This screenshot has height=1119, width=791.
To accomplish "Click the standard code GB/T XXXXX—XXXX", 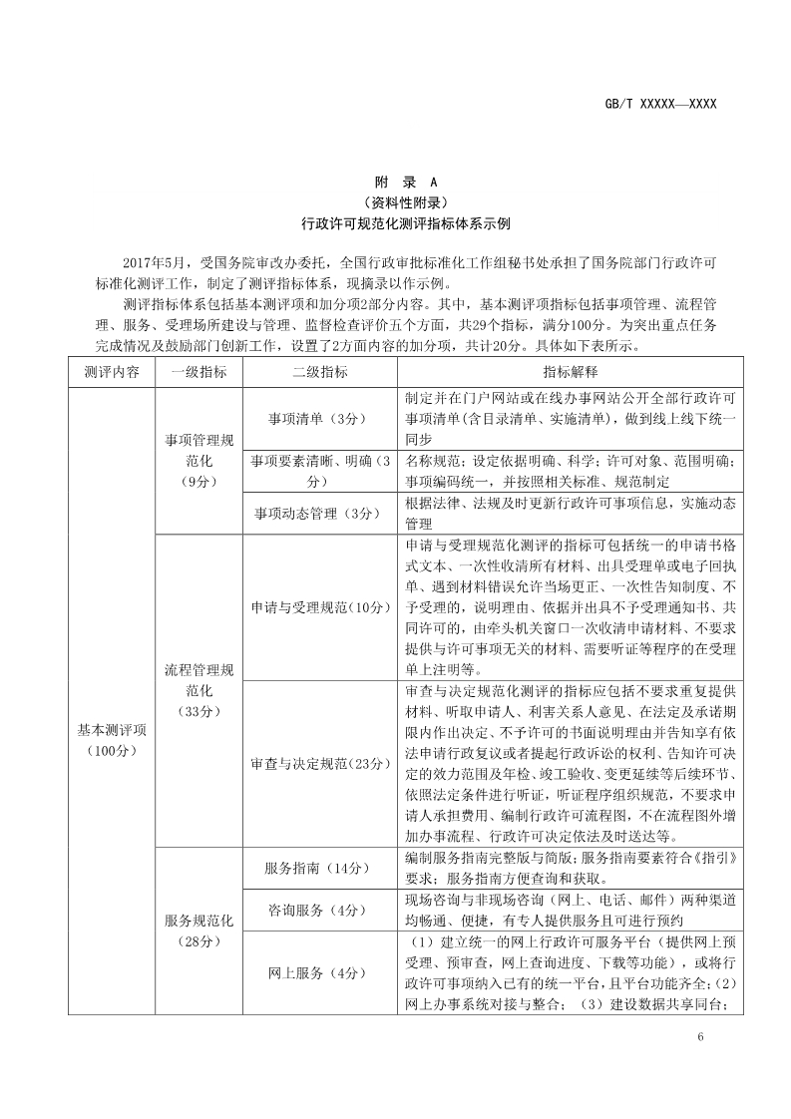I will [661, 104].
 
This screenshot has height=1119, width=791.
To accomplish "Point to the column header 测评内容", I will [112, 372].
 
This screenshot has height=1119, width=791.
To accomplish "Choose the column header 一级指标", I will [198, 372].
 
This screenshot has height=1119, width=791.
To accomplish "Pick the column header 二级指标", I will [320, 372].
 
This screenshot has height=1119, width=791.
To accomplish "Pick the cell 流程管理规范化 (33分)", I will [198, 689].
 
